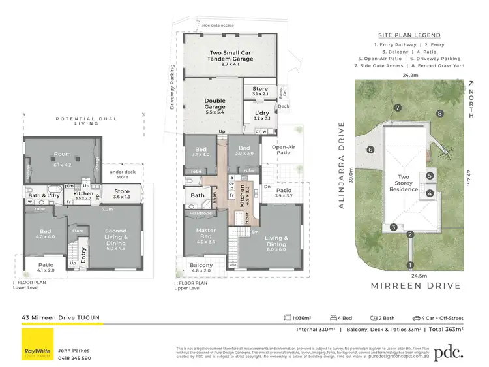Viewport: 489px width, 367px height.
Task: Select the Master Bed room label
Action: [201, 234]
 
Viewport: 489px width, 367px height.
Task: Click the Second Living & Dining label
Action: [115, 234]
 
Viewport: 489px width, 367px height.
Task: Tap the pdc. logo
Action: [449, 352]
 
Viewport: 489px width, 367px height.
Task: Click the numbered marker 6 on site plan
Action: [370, 150]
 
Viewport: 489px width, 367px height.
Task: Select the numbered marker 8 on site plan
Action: [440, 114]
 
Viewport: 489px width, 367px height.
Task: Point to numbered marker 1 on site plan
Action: [410, 264]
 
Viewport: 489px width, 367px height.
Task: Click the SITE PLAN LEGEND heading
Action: [409, 35]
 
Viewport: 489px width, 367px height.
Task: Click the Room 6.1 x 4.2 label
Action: [63, 157]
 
